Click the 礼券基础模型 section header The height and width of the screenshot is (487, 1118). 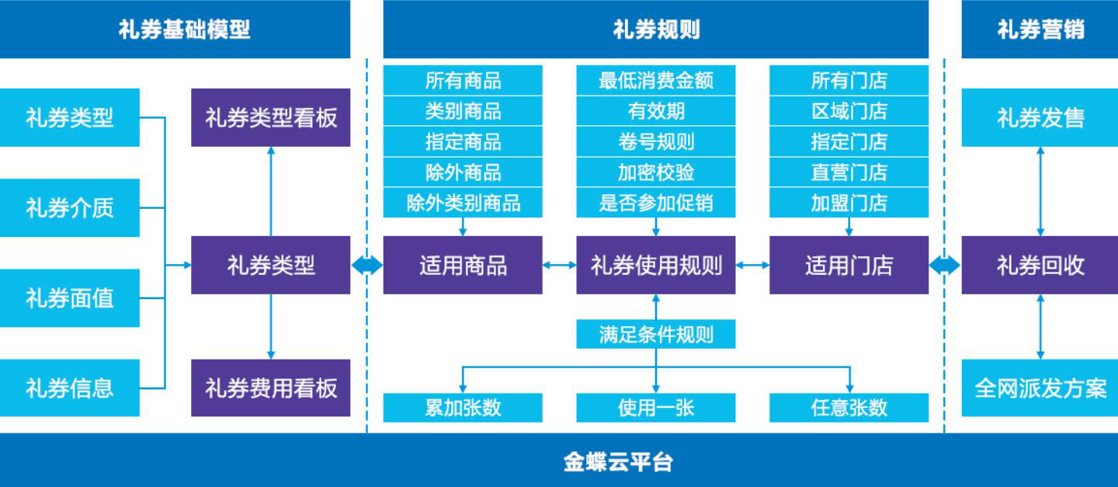[184, 30]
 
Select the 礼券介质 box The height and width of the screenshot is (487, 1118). [69, 207]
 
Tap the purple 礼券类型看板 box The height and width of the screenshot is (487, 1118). [270, 117]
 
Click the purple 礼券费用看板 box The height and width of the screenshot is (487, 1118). [270, 388]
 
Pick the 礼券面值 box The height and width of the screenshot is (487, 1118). [69, 297]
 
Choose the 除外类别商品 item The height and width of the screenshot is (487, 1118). [463, 203]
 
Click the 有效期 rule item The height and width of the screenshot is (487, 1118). [655, 111]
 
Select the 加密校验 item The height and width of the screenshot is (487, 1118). [655, 172]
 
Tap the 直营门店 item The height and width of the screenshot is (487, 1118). [849, 172]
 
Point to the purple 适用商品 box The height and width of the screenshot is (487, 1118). [463, 266]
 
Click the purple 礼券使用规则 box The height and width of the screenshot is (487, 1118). [655, 266]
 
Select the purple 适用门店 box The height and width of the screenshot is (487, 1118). [849, 266]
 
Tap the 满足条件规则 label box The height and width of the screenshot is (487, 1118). [655, 335]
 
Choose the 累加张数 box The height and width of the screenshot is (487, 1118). [463, 408]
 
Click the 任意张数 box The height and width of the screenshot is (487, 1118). [849, 408]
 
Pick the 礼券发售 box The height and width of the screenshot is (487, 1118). [1040, 117]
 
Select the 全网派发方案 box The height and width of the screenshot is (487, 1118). [1040, 388]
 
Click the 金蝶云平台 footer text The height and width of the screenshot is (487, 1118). [618, 462]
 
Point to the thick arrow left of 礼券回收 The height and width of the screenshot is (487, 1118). [945, 266]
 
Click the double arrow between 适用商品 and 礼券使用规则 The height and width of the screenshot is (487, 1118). [559, 266]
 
